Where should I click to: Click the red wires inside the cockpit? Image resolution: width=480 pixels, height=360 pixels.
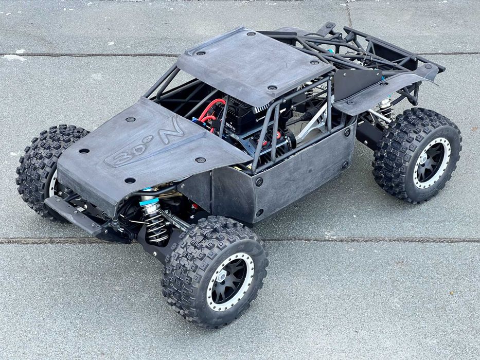(211, 111)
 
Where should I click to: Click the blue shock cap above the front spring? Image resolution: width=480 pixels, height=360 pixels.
(149, 201)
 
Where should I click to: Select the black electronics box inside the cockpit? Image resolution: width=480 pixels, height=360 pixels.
(247, 116)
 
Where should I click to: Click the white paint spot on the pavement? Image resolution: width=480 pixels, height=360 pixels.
(14, 57)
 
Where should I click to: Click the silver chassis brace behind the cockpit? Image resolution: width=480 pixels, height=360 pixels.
(314, 123)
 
